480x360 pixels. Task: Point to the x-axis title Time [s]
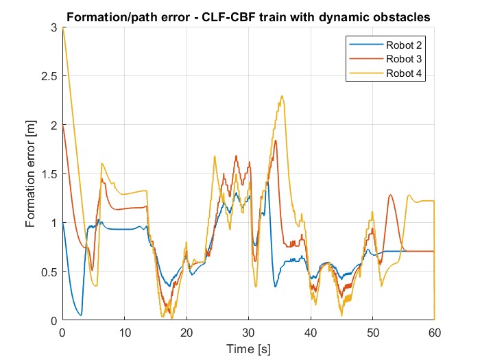click(x=248, y=350)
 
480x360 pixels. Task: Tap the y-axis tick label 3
click(x=53, y=27)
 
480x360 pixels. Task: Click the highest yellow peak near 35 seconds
click(x=282, y=96)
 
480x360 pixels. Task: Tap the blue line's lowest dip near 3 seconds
click(x=81, y=315)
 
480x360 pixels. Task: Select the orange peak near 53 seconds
click(x=391, y=195)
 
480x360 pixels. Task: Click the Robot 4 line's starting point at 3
click(x=62, y=28)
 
